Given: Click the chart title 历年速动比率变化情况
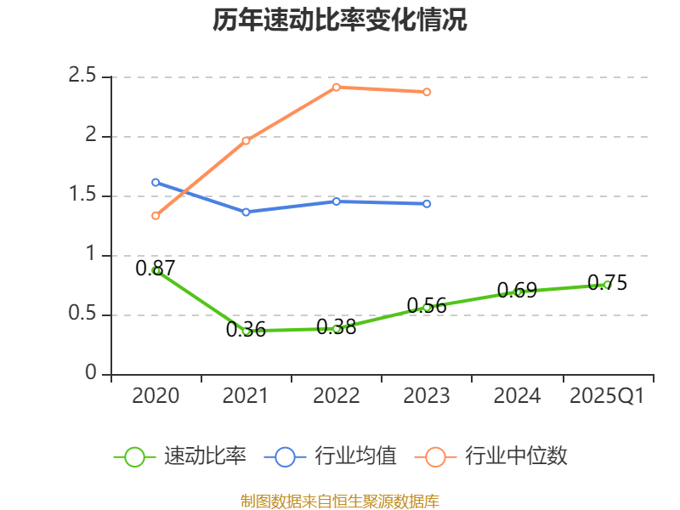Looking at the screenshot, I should pos(339,20).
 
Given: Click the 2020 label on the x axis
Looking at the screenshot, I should pos(156,396).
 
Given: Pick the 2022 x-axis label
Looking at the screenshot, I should pos(337,396).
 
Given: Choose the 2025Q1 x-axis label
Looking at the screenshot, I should pos(607,396).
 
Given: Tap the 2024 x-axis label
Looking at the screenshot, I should pos(517,396).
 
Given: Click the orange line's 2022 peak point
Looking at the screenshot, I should pos(337,87).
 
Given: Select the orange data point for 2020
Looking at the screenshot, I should pos(156,216).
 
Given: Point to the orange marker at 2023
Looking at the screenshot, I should pos(427,92).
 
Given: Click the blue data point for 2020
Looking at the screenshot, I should pos(156,182).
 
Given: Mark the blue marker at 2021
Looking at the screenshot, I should pos(246,212).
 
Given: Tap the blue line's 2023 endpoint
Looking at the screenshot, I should pos(427,204).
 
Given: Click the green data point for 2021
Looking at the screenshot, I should pos(246,331).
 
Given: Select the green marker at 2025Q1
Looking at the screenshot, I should pos(607,285).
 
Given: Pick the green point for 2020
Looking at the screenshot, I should pos(156,270).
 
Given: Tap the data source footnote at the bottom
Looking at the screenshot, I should pos(339,501).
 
